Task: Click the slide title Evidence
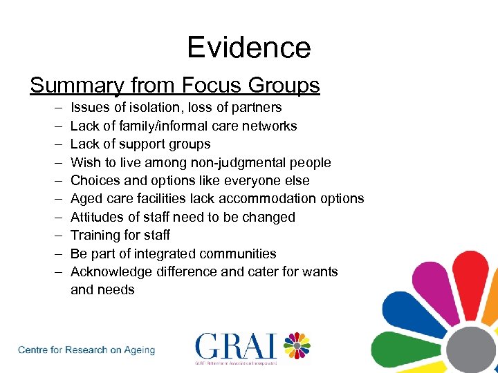click(249, 48)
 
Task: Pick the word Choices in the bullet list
click(96, 180)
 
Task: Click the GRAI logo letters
click(236, 346)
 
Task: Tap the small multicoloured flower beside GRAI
click(296, 345)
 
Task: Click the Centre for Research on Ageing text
click(86, 350)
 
